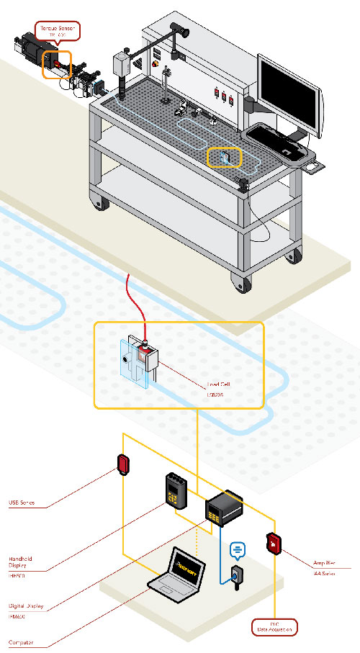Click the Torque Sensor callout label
[x=58, y=31]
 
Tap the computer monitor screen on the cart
[x=287, y=92]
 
